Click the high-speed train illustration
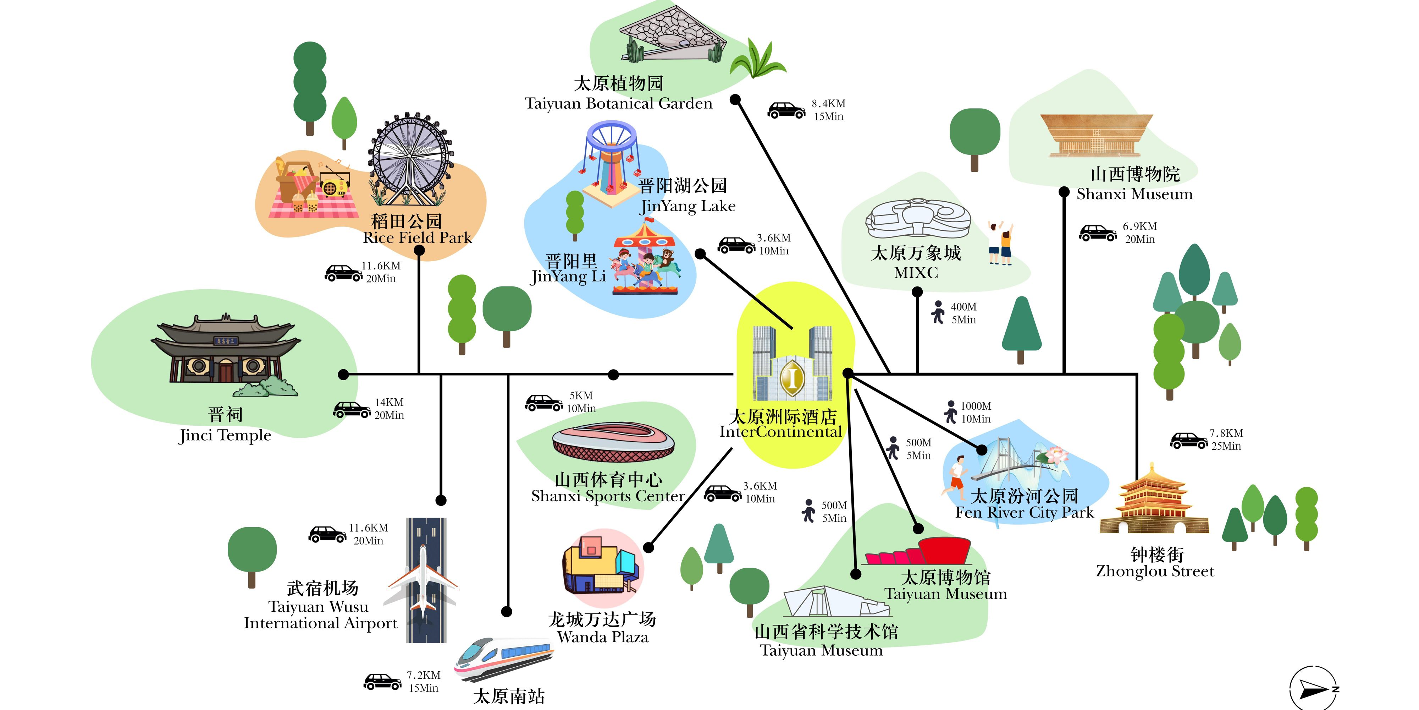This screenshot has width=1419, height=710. (502, 659)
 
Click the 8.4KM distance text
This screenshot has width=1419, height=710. (828, 104)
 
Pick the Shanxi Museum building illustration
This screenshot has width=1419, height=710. (1096, 135)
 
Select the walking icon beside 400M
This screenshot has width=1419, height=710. (938, 312)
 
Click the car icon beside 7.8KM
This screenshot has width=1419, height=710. (1188, 441)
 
